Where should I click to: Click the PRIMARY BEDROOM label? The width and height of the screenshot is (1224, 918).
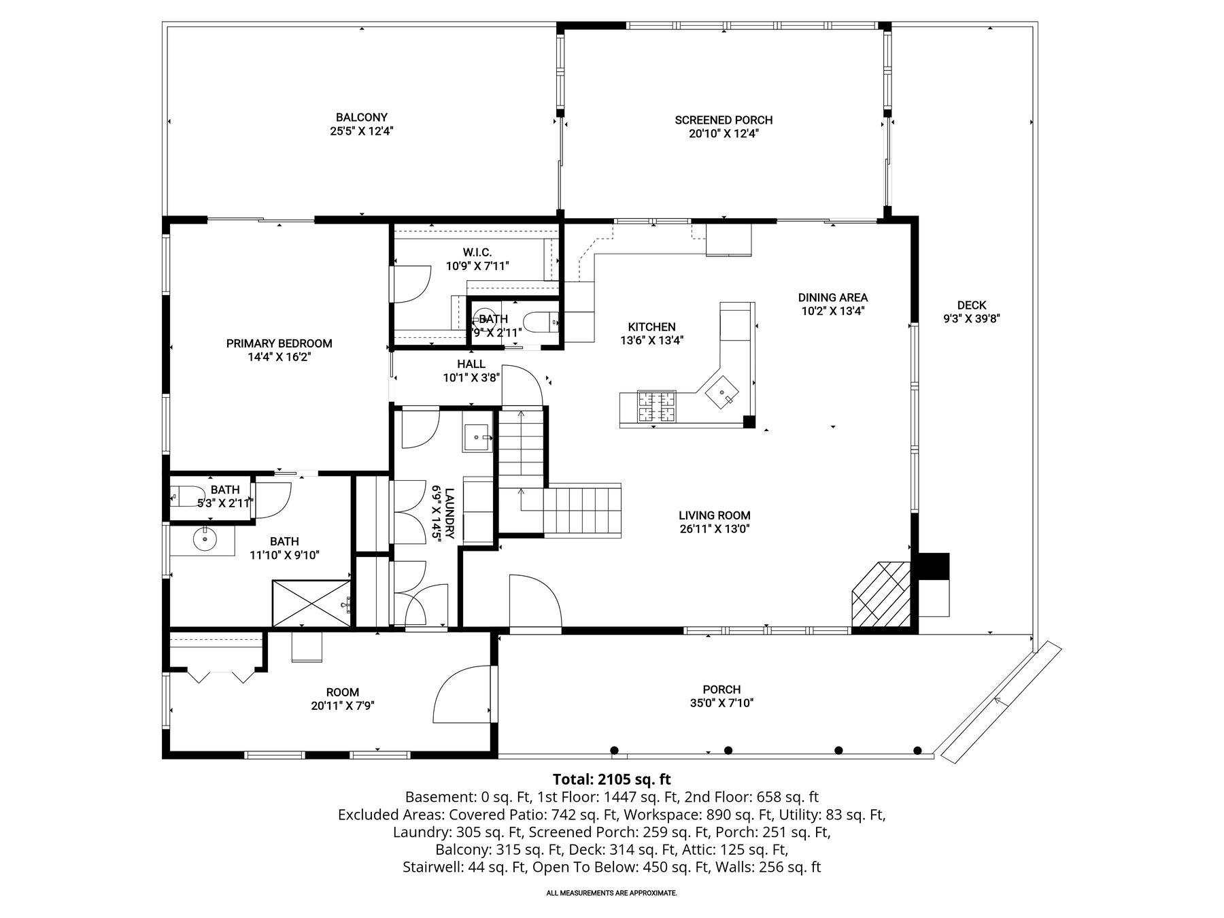279,343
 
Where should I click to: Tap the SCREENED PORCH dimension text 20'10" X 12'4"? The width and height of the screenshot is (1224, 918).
723,134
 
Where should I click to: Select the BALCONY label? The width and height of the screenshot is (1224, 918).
361,118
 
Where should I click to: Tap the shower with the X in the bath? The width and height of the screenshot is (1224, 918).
311,602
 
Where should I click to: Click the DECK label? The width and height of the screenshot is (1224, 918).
971,305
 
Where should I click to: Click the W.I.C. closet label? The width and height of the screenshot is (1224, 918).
477,252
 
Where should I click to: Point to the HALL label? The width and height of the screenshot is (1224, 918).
471,364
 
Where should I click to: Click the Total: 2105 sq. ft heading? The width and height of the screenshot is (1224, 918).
611,779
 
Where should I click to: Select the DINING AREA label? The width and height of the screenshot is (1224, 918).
832,297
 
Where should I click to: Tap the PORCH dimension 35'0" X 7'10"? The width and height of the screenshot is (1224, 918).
721,702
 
